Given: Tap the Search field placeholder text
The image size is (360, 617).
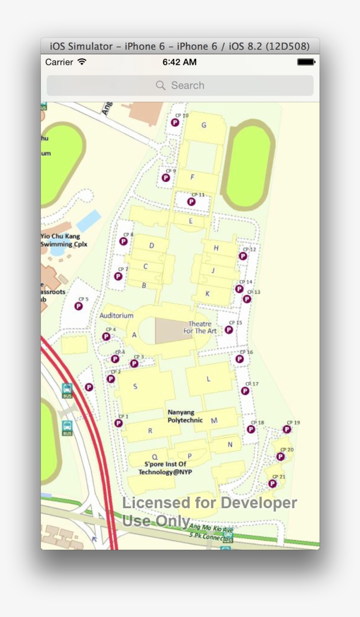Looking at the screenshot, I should [x=187, y=86].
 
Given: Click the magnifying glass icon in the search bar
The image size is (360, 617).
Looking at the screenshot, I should [x=161, y=86].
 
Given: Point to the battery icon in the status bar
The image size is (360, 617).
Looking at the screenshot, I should [x=306, y=62].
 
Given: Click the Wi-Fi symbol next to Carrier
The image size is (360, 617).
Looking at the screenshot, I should [x=82, y=62].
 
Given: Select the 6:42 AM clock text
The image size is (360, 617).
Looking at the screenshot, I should [x=180, y=62].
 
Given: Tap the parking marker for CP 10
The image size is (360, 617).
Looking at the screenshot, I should [x=175, y=122].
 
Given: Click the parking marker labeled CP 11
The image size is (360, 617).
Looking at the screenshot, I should [x=191, y=201].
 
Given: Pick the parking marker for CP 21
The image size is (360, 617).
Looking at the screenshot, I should [x=273, y=484].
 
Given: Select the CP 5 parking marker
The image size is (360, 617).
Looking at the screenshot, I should [x=79, y=306].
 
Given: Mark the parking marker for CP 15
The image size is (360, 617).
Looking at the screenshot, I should [x=229, y=330].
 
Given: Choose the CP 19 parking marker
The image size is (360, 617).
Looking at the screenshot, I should [x=287, y=429].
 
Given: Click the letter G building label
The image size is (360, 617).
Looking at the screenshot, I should [x=204, y=126].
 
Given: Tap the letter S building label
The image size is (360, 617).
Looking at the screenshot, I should [x=135, y=387].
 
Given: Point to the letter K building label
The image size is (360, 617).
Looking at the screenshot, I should [x=208, y=294].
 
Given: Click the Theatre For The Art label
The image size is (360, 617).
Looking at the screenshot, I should [x=200, y=327].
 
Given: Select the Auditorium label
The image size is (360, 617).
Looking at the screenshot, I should [x=116, y=316].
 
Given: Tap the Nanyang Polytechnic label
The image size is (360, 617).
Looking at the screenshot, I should [x=185, y=416].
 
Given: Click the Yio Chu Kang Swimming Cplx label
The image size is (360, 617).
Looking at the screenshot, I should [x=64, y=240].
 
